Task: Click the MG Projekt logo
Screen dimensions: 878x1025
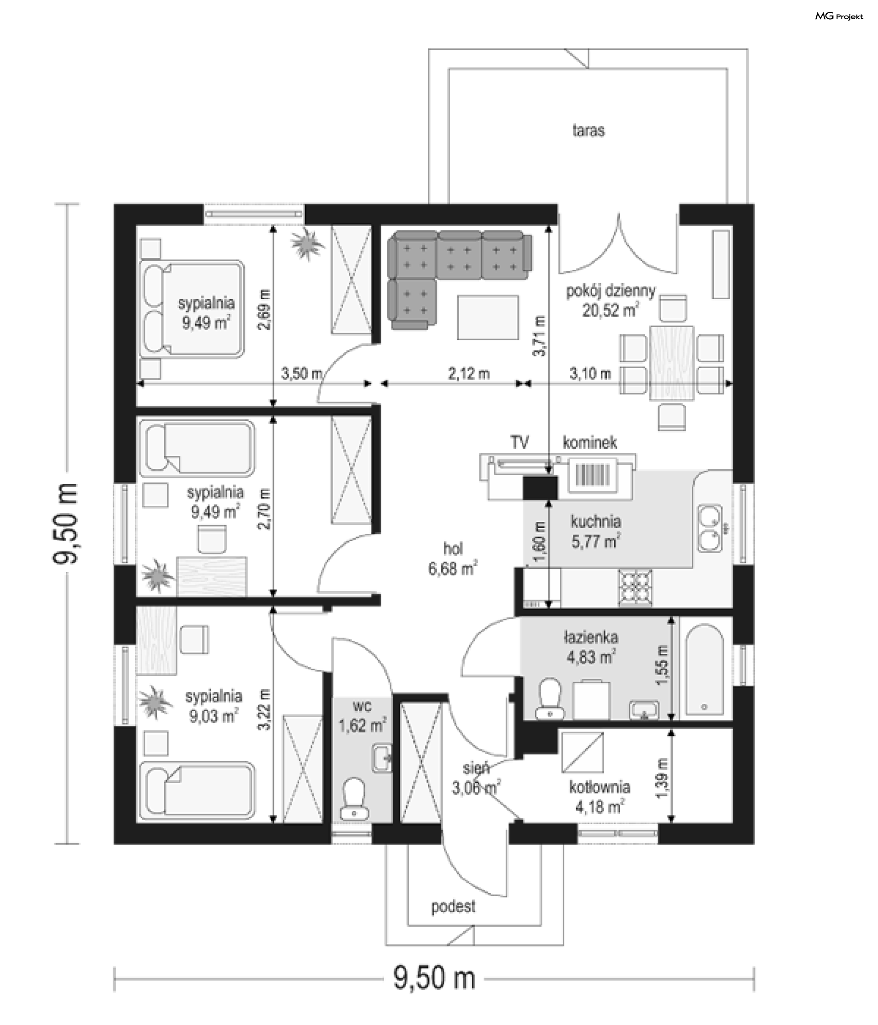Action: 839,16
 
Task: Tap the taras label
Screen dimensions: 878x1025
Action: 588,131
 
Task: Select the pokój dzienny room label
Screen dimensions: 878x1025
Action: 610,291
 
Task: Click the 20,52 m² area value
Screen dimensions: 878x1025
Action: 610,311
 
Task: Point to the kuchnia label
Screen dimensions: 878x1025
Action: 595,521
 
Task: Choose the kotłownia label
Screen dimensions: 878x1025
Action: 600,787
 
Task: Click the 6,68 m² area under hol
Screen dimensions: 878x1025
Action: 452,569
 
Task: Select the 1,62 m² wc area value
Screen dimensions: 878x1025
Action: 362,726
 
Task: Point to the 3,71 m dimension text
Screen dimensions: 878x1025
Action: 540,336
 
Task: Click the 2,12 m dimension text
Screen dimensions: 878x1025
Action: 468,374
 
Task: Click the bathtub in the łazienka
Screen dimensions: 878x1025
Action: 704,671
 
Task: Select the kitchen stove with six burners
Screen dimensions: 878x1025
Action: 635,587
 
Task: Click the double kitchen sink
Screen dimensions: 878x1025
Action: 710,528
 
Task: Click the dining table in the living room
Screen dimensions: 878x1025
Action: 671,363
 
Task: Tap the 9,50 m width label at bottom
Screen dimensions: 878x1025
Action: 434,978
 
